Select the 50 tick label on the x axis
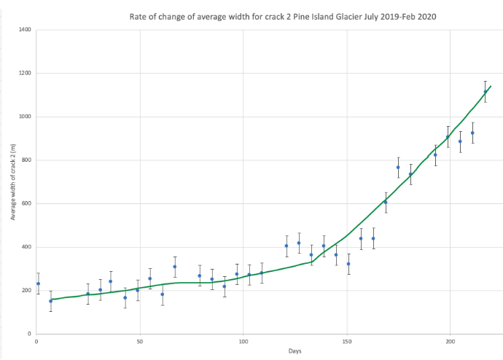(140, 340)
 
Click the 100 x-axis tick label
(243, 340)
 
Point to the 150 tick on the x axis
(347, 340)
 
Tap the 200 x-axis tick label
(451, 340)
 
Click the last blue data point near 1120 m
(486, 92)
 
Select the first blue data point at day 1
(38, 283)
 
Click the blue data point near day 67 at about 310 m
(175, 267)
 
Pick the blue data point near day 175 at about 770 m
(398, 168)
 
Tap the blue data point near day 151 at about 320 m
(348, 264)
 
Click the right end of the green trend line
(491, 86)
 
